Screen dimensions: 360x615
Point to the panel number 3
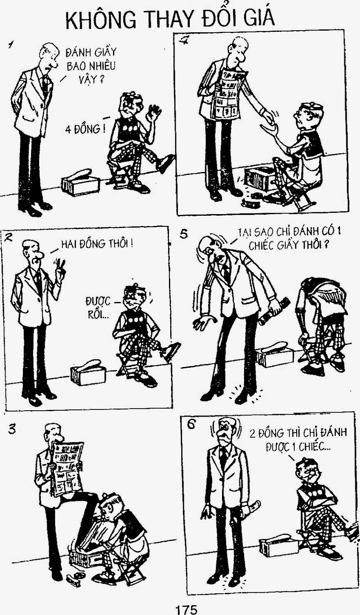(12, 429)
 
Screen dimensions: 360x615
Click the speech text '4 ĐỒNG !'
(85, 129)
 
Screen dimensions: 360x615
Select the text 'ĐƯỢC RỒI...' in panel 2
(98, 308)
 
